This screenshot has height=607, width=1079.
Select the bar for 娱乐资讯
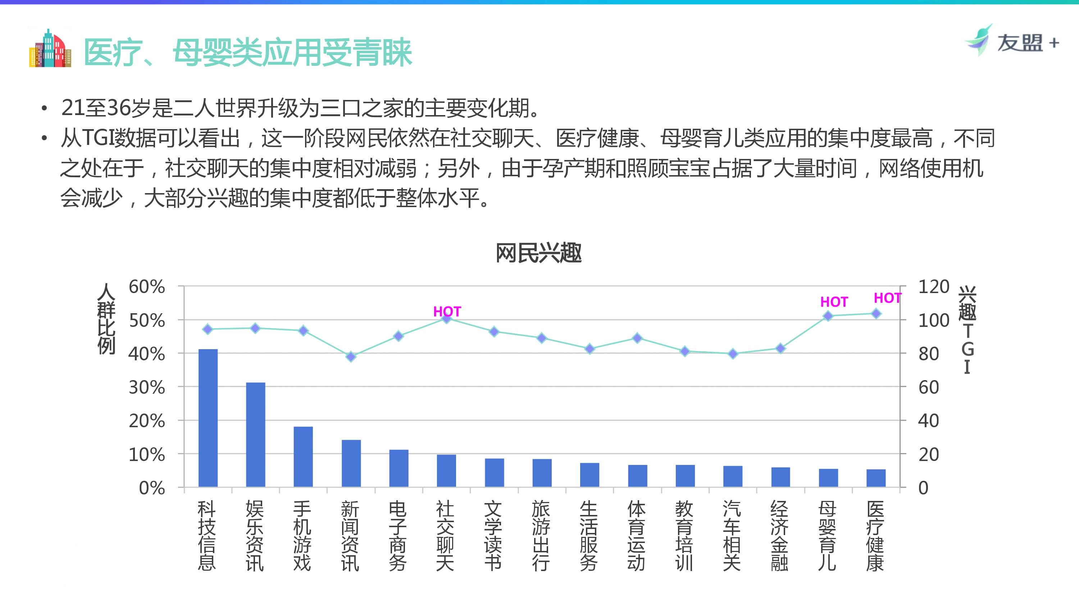tap(255, 434)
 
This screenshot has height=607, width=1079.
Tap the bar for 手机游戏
tap(303, 457)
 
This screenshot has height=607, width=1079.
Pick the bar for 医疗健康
tap(876, 478)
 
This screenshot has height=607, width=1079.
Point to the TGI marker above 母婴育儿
tap(828, 316)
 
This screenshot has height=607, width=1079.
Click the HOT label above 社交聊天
tap(447, 311)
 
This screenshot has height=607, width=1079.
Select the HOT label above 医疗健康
tap(887, 298)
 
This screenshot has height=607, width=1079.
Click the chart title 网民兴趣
tap(539, 253)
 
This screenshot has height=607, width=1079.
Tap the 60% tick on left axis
tap(147, 287)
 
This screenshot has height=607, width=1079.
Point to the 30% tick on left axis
tap(147, 388)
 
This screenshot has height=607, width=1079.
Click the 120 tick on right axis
tap(933, 287)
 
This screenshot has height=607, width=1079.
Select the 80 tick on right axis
tap(928, 354)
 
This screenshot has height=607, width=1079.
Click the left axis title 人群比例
tap(106, 318)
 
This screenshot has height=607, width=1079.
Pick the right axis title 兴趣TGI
tap(967, 330)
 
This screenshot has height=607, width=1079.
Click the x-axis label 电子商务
tap(398, 536)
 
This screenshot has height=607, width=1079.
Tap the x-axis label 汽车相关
tap(732, 536)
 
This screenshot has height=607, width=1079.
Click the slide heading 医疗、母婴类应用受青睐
tap(248, 53)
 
